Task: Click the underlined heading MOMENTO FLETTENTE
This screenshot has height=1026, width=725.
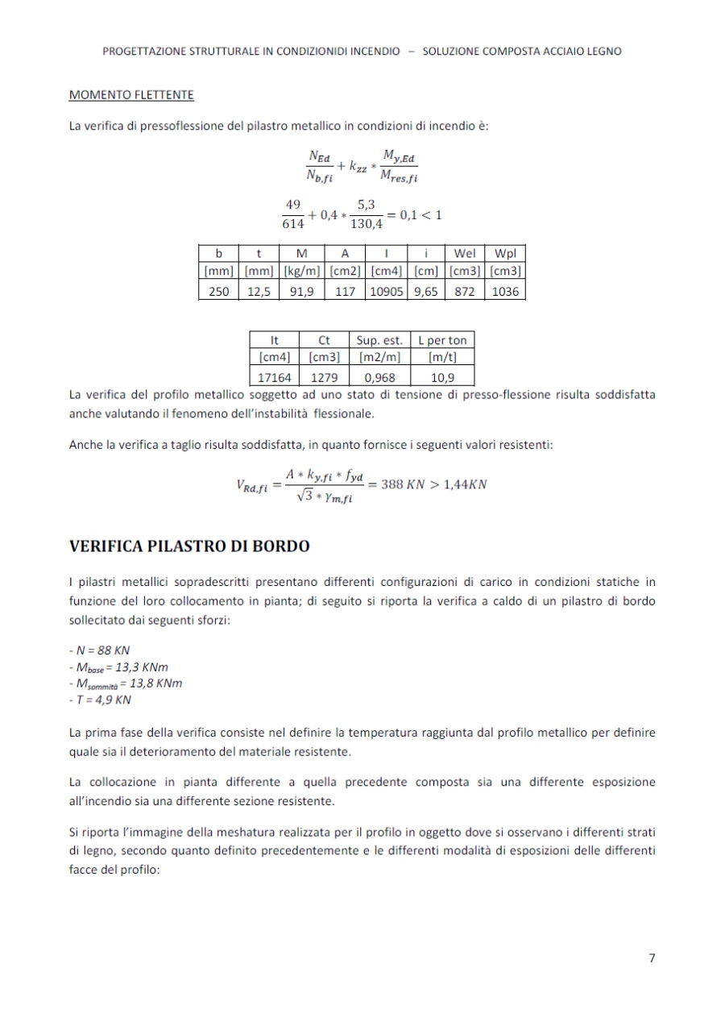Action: click(x=131, y=95)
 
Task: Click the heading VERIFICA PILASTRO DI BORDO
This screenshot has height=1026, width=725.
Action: click(x=189, y=546)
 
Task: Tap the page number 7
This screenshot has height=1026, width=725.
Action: click(x=652, y=958)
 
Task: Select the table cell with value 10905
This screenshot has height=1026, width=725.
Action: click(x=387, y=292)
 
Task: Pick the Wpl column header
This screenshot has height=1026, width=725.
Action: click(x=504, y=255)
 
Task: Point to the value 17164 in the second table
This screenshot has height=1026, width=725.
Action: click(x=274, y=376)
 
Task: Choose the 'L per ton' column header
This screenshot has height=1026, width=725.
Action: click(x=442, y=340)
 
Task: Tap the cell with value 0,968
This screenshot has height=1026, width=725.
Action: click(x=379, y=376)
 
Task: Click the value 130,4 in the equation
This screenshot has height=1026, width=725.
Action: click(x=366, y=225)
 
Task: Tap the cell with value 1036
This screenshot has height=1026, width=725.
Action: click(x=504, y=292)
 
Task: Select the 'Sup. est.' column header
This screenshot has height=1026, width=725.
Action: click(x=379, y=340)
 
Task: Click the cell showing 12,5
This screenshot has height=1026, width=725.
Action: click(x=258, y=292)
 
